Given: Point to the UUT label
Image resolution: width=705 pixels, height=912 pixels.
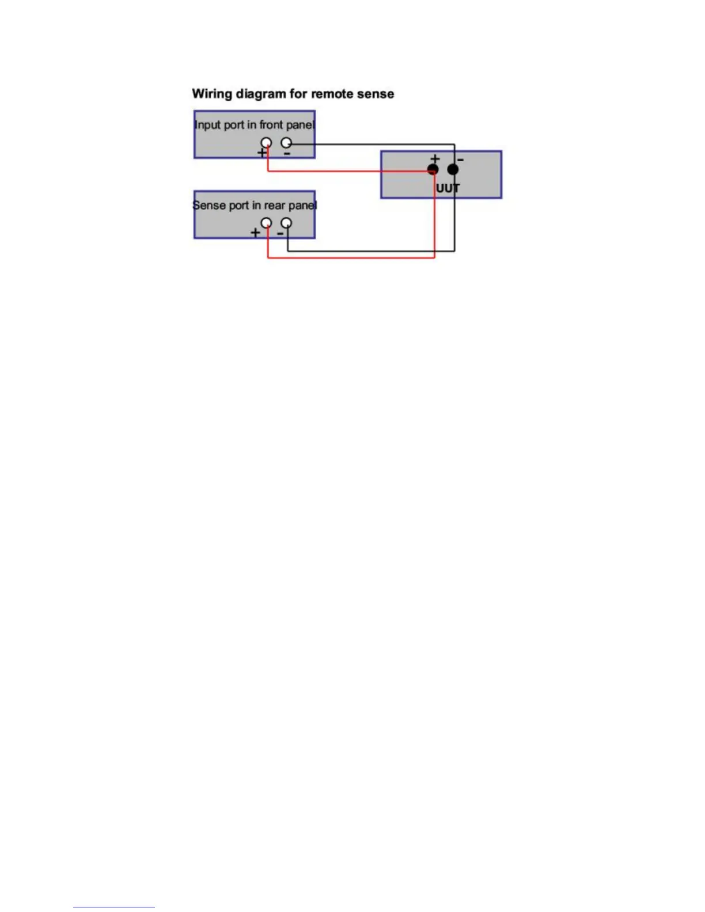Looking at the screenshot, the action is (x=448, y=188).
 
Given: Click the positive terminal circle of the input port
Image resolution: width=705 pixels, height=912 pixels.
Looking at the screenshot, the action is (x=266, y=142).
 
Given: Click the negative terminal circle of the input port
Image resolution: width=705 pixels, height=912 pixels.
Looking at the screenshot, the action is (x=286, y=142).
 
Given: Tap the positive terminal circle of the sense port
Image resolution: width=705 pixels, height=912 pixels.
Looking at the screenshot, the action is (x=266, y=223).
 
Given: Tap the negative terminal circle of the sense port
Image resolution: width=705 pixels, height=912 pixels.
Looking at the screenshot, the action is (x=286, y=223).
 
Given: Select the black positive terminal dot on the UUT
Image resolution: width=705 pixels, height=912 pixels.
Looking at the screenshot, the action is (x=433, y=169).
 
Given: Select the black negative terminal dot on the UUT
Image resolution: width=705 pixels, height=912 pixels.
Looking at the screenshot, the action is (x=453, y=169).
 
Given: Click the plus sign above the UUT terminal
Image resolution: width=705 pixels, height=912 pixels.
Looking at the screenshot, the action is (x=435, y=158).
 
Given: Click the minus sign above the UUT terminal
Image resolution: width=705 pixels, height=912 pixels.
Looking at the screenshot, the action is (x=460, y=159).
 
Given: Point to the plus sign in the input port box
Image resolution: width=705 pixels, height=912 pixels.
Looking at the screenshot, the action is (x=261, y=153).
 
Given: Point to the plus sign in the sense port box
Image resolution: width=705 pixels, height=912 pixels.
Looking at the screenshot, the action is (x=255, y=233).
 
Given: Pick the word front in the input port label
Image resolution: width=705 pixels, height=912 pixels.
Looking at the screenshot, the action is (x=271, y=125).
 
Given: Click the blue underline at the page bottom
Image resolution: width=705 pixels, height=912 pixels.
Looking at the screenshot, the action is (x=114, y=907).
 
